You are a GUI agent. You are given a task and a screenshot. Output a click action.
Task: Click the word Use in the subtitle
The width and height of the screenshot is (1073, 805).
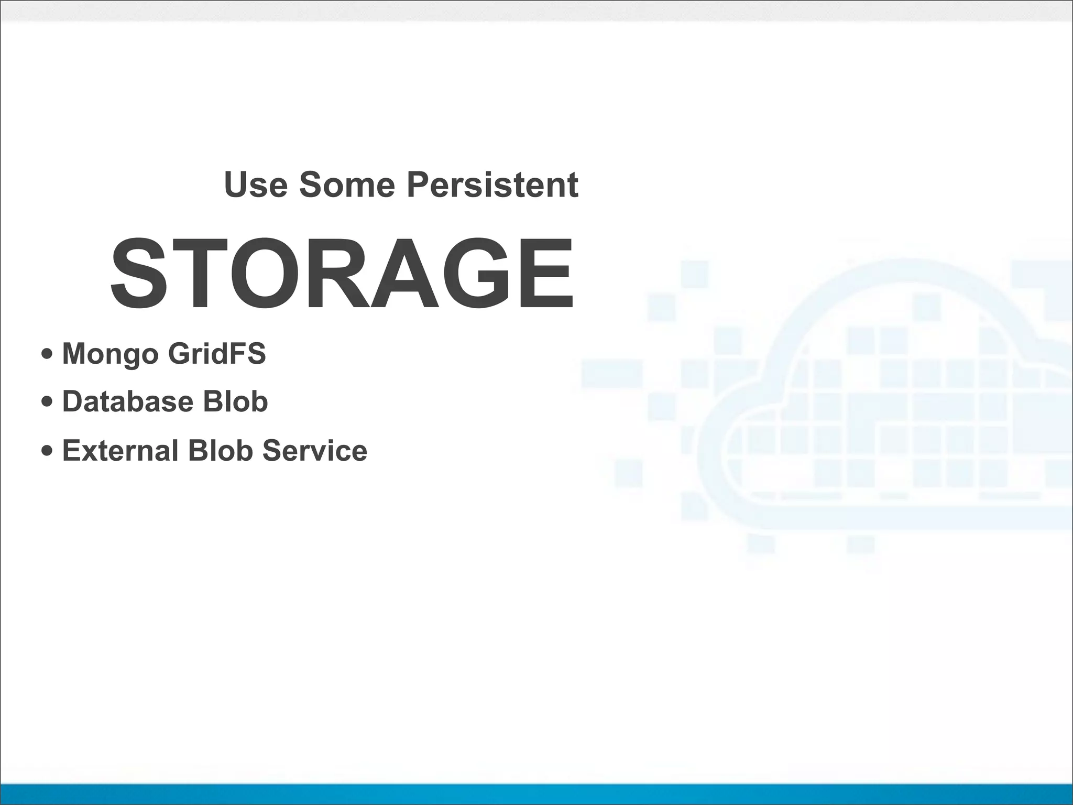point(256,184)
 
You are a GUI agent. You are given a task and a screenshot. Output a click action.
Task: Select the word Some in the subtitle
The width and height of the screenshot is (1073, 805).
point(347,184)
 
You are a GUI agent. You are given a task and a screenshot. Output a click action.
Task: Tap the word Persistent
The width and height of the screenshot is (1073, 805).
point(492,184)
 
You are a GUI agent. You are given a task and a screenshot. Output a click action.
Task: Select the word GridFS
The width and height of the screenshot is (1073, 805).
point(217,353)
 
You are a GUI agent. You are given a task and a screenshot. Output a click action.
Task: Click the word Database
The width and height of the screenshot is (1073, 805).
point(128,401)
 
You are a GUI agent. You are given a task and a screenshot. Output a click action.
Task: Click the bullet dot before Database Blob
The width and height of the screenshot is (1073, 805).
point(47,402)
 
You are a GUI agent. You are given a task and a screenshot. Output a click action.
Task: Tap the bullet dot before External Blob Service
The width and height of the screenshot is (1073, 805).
point(47,451)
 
